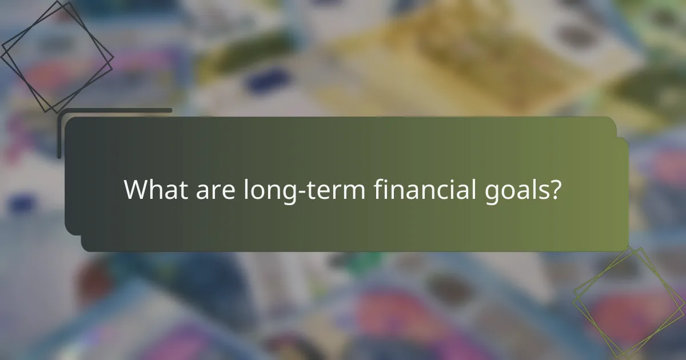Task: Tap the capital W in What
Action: click(x=134, y=190)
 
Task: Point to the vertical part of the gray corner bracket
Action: click(x=59, y=134)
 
